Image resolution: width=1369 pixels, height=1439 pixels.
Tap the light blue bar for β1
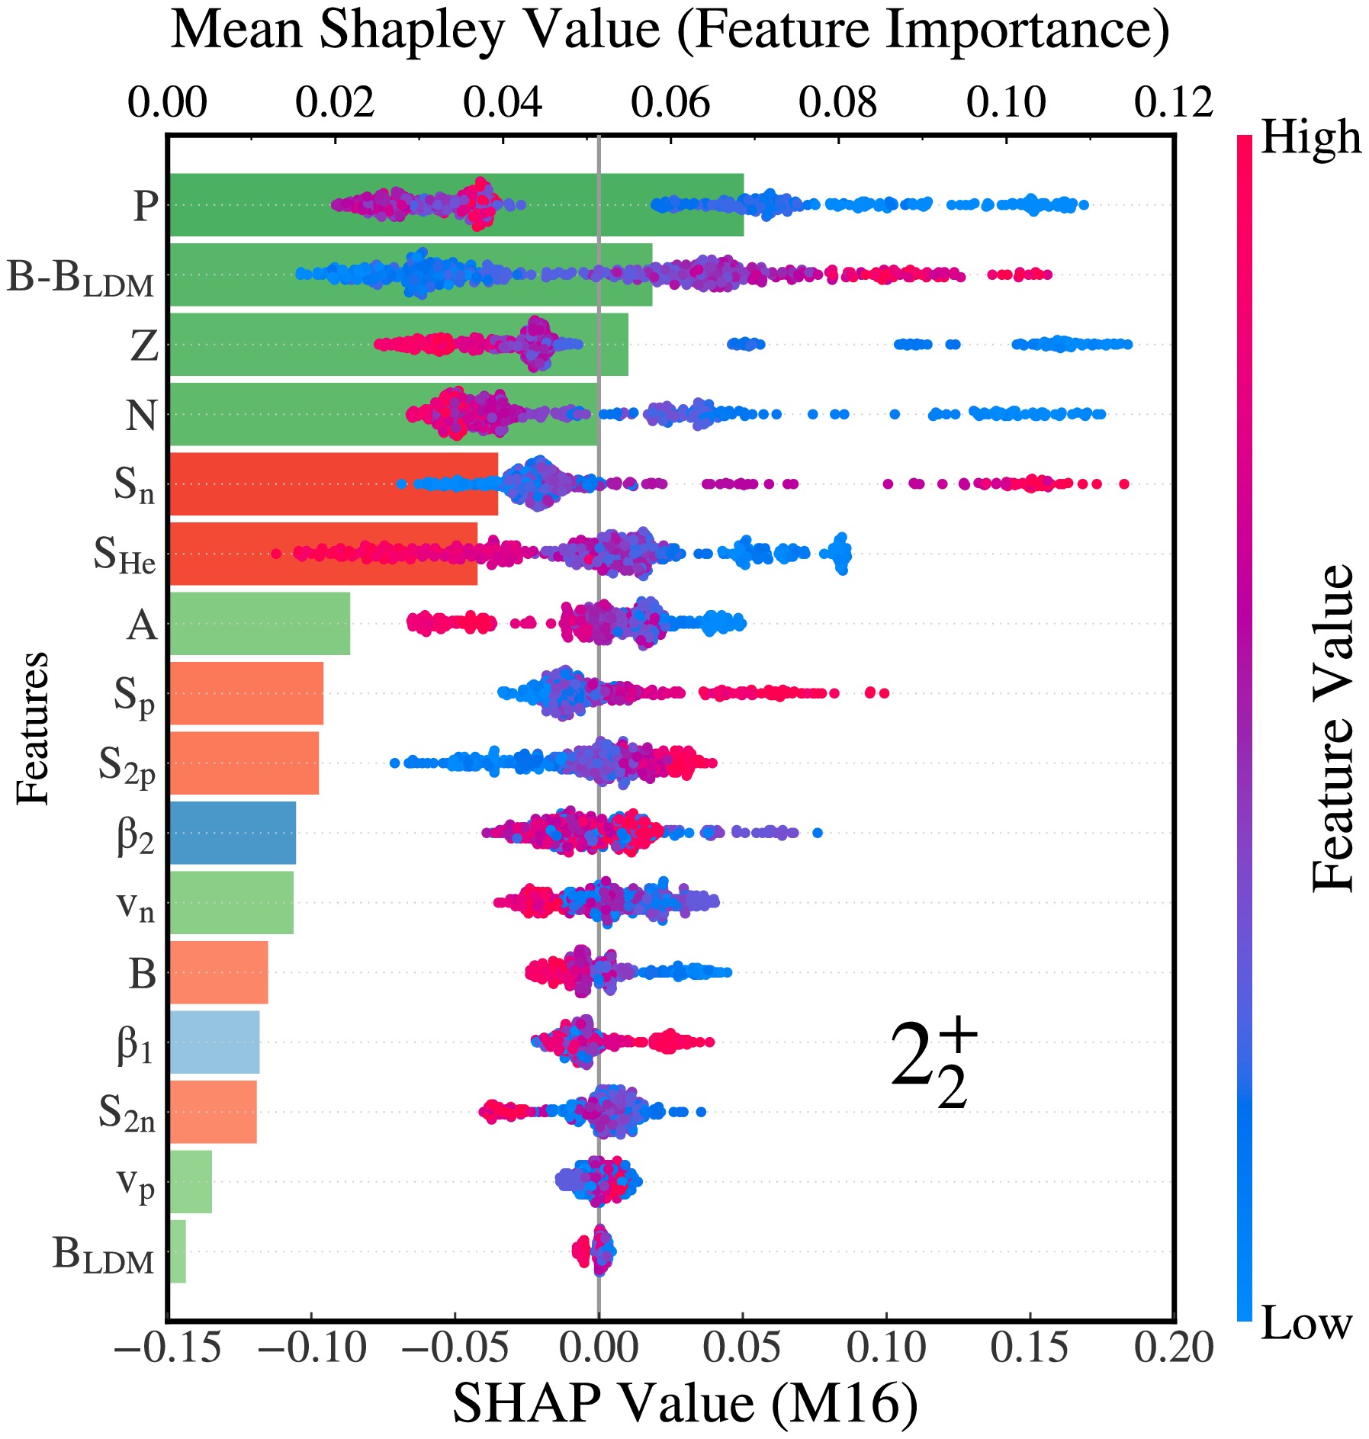214,1042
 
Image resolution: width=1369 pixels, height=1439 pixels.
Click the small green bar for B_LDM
178,1251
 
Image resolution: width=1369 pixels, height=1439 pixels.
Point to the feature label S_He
125,555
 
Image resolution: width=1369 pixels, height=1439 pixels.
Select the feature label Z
144,346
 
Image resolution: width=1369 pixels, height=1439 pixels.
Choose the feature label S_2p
127,765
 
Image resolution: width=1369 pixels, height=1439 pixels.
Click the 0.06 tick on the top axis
670,102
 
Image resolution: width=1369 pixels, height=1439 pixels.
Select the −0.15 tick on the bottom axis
169,1348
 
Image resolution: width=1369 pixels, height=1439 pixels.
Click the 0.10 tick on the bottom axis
887,1348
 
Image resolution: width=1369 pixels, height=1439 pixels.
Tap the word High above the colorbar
1310,138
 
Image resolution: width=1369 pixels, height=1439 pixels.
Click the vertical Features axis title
33,728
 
